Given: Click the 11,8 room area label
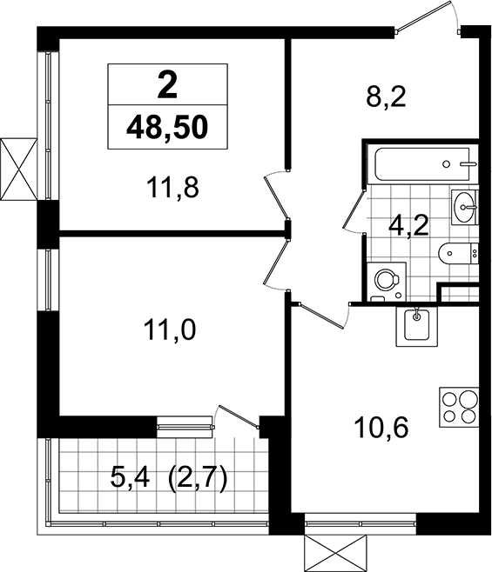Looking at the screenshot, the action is (172, 188).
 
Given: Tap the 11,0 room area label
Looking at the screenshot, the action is (170, 329).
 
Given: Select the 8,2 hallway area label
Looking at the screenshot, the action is (386, 96).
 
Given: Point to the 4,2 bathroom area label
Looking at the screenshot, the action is (408, 226).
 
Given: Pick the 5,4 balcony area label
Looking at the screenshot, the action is (130, 478).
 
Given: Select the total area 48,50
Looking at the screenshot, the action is (167, 128).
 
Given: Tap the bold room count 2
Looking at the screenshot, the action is (167, 85).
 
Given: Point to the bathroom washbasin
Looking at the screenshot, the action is (465, 207).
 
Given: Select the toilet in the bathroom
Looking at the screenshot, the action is (458, 253).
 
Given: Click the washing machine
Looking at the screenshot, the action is (387, 282).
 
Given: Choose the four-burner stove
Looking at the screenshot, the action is (459, 407).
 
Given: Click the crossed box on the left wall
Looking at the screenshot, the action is (18, 169).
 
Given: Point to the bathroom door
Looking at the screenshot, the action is (354, 211).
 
